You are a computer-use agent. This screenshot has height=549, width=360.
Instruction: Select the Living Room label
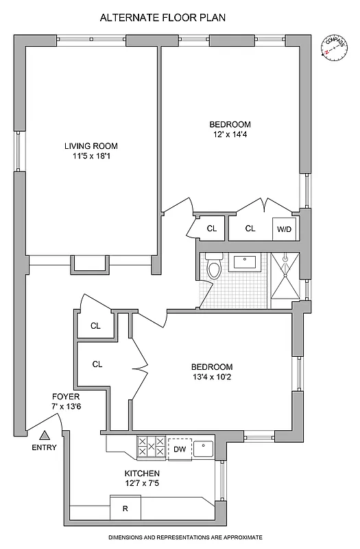point(91,145)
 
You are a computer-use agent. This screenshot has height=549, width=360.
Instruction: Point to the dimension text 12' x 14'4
point(230,135)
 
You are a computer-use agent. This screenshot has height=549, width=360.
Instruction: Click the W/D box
point(284,229)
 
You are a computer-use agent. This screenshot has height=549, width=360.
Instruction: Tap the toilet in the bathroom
point(214,268)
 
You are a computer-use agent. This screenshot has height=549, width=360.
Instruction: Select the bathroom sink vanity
point(244,261)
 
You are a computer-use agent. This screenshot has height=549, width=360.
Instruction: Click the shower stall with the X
point(284,277)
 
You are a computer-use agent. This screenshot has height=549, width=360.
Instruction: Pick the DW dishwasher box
point(180,449)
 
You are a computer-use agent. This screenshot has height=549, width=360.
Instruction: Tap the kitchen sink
point(204,449)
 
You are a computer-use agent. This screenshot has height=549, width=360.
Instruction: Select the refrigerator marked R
point(125,508)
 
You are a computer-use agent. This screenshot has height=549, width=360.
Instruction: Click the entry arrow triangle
point(45,434)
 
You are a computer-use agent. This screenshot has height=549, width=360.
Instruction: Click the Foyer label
point(66,397)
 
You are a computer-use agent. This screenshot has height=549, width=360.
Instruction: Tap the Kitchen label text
point(142,474)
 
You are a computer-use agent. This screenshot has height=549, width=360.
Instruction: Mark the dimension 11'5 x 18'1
point(91,156)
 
